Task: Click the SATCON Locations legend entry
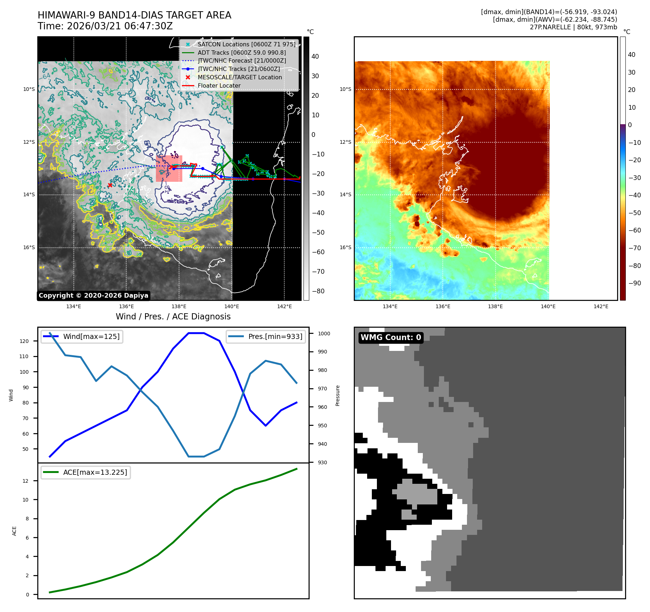pos(246,44)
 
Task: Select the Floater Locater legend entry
pos(219,86)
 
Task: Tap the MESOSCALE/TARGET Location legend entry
pos(239,77)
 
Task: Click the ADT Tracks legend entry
pos(242,53)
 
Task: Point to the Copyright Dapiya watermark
pos(93,295)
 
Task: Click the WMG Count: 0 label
pos(391,338)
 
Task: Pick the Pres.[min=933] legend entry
pos(275,336)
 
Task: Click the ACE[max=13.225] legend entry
pos(95,472)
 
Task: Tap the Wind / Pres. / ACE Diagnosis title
pos(173,317)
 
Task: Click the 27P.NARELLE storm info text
pos(573,27)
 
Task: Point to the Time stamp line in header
pos(105,26)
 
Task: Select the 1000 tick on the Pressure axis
pos(324,334)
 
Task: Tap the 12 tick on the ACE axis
pos(25,481)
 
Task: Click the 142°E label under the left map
pos(284,307)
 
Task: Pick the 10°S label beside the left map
pos(29,89)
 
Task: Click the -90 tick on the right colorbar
pos(634,283)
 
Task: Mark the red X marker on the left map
pos(110,185)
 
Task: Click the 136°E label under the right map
pos(443,307)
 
